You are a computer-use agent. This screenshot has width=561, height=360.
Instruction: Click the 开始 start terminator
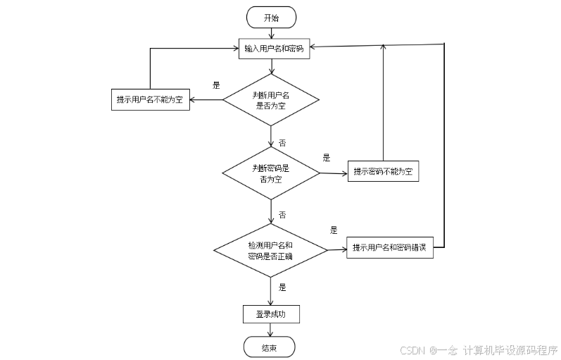coord(271,18)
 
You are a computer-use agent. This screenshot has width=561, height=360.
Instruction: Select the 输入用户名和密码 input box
coord(274,49)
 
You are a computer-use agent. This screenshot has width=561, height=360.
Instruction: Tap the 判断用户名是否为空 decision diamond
coord(271,100)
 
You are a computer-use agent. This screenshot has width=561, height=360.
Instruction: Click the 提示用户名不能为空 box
coord(150,99)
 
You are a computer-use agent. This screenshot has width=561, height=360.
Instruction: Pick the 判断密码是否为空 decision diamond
coord(271,173)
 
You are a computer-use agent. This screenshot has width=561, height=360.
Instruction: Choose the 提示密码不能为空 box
coord(383,171)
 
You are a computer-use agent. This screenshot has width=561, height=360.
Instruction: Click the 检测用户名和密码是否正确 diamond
coord(271,250)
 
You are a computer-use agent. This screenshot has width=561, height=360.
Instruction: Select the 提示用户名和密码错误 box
coord(390,247)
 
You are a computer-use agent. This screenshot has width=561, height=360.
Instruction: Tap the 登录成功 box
coord(270,314)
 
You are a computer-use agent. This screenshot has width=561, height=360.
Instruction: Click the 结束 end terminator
coord(269,347)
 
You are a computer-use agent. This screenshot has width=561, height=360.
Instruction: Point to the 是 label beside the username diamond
coord(217,85)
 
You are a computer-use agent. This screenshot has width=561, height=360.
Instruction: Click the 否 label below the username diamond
coord(282,143)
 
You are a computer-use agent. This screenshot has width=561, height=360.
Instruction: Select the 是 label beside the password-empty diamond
coord(327,158)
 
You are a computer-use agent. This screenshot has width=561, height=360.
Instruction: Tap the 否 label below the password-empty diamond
coord(282,215)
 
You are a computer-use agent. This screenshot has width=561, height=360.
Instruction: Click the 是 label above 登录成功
coord(282,287)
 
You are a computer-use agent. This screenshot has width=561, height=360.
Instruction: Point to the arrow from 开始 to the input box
coord(271,32)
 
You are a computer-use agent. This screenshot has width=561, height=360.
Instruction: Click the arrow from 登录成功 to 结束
coord(271,330)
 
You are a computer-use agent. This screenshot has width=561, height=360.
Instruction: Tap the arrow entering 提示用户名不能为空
coord(206,99)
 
